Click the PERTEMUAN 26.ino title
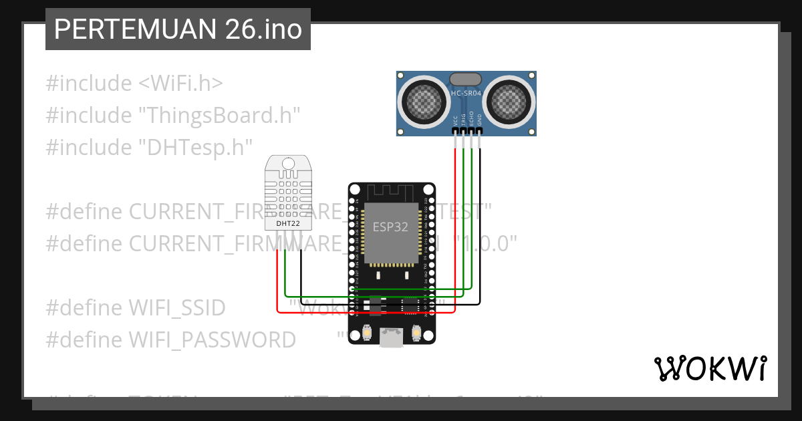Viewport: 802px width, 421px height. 178,29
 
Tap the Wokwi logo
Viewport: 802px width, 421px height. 709,368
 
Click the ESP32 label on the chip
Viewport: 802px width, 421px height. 390,227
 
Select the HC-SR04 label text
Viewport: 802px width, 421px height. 466,94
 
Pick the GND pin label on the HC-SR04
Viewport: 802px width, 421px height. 479,120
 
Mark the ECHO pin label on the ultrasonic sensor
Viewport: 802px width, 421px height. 471,119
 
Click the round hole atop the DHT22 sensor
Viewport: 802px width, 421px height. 289,163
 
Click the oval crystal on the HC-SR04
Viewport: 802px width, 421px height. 466,80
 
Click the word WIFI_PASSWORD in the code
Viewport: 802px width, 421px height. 211,339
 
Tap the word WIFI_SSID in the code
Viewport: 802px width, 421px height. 176,308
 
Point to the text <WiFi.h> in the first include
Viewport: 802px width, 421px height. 180,84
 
